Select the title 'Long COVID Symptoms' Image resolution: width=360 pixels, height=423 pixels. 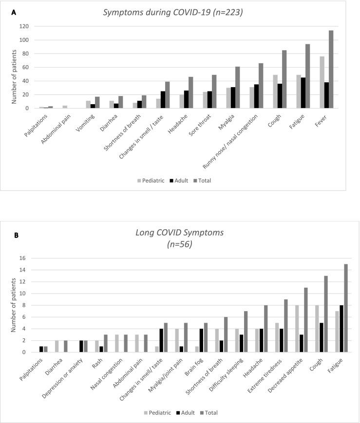[180, 233]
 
